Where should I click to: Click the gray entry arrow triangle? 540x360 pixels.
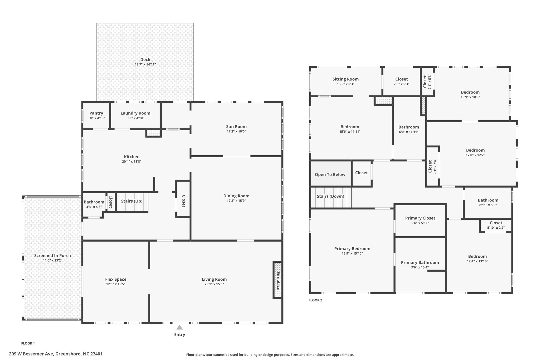[180, 327]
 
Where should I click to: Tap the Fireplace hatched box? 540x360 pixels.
[277, 280]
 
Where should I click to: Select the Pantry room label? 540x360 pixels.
[96, 113]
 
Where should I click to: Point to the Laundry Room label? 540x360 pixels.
[136, 113]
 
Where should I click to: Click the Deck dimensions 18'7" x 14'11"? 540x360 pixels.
[145, 64]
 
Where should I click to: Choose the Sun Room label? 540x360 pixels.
[236, 127]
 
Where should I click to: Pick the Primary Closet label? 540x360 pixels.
[420, 218]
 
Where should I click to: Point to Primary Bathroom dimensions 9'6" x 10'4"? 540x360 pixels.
[420, 267]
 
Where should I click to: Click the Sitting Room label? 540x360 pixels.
[345, 79]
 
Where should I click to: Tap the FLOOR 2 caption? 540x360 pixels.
[315, 300]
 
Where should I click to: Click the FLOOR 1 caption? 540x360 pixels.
[28, 343]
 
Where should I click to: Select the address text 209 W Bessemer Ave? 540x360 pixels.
[31, 354]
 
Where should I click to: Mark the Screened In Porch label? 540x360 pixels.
[52, 256]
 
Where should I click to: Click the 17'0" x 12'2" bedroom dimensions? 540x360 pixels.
[475, 155]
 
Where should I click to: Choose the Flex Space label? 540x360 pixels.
[116, 279]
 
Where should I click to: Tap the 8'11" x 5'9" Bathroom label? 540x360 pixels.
[488, 200]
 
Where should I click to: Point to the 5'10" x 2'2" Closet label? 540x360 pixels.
[496, 223]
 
